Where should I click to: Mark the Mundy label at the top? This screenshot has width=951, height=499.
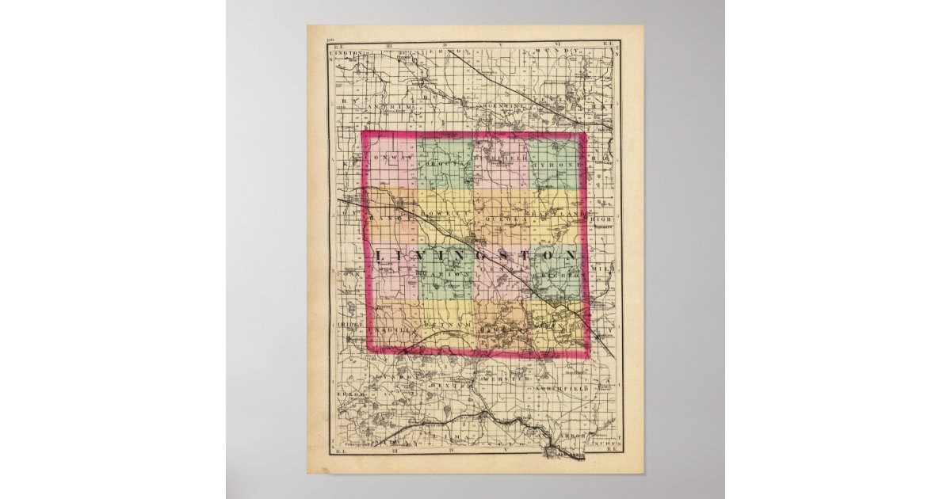click(547, 51)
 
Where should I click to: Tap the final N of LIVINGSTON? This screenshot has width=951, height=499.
click(568, 255)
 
